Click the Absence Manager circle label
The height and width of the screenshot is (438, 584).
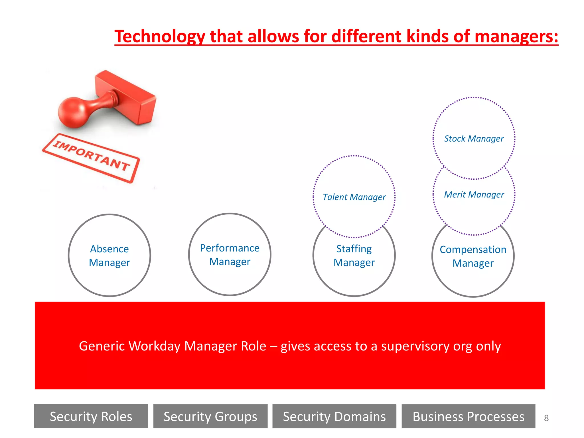(109, 255)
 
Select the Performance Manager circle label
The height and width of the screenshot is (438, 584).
(230, 255)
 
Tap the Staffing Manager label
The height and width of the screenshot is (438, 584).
(354, 255)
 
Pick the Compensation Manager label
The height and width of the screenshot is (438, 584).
(473, 256)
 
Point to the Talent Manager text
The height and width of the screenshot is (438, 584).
(354, 197)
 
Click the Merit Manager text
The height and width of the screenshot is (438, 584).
(474, 194)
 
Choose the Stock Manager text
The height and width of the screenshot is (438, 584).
(474, 139)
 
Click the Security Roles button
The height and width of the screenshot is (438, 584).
(91, 416)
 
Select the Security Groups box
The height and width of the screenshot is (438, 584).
(210, 416)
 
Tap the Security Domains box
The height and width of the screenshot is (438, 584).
(334, 416)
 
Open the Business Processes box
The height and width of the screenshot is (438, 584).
(468, 416)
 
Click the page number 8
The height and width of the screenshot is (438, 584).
(546, 418)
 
